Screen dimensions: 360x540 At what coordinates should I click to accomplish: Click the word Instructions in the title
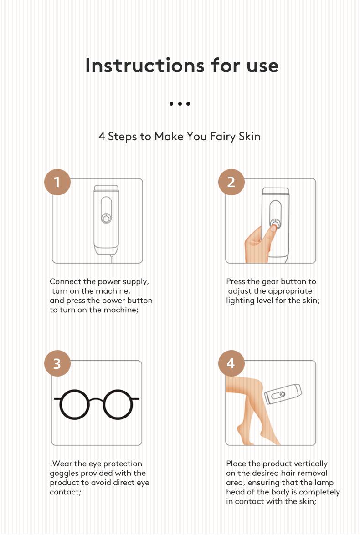[x=144, y=65]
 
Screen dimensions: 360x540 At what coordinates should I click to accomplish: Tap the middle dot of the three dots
[x=180, y=104]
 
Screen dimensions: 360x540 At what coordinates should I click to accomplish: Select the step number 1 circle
[x=57, y=182]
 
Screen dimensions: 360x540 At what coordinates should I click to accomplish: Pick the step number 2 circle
[x=231, y=182]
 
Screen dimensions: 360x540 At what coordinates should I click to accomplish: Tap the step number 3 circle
[x=57, y=363]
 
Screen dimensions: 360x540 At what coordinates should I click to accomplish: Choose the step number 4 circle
[x=231, y=363]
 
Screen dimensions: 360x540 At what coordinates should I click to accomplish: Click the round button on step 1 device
[x=106, y=219]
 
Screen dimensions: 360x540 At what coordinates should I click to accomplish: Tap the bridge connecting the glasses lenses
[x=96, y=399]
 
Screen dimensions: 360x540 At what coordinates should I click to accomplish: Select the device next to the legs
[x=283, y=394]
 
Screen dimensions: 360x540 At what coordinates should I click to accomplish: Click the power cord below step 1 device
[x=111, y=258]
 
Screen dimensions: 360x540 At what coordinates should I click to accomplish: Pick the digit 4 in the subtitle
[x=102, y=137]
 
